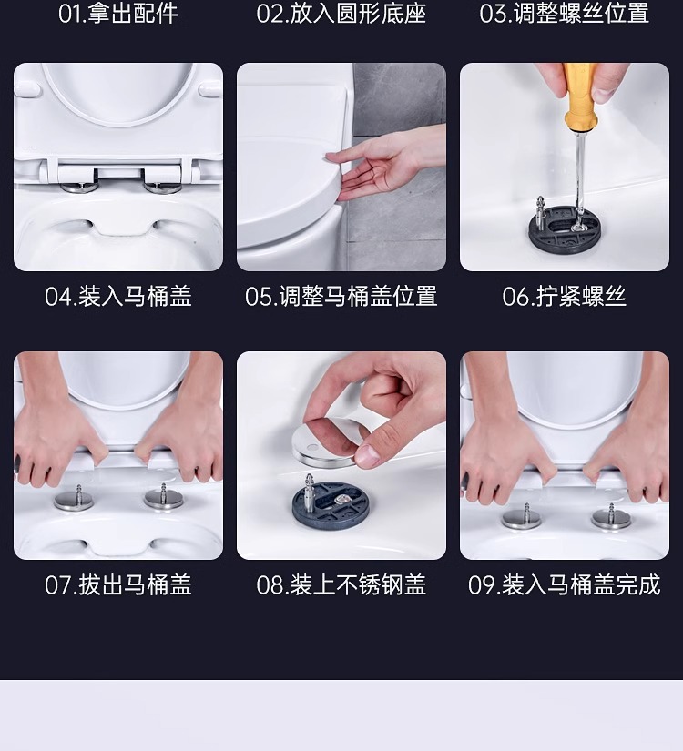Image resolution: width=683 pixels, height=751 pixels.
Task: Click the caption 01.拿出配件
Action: (117, 14)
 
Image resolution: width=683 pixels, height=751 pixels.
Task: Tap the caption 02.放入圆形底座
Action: (341, 14)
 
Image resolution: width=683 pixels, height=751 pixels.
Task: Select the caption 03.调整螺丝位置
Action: (564, 14)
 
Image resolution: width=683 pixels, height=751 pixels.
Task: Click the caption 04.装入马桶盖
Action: (117, 296)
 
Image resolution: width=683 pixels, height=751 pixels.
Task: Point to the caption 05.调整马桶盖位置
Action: (341, 296)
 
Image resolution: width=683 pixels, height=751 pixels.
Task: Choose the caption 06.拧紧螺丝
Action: (564, 296)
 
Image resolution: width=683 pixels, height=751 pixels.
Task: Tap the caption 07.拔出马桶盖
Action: (117, 584)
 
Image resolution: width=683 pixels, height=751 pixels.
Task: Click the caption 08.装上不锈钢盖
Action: (341, 584)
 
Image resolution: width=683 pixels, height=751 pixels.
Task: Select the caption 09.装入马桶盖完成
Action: (564, 584)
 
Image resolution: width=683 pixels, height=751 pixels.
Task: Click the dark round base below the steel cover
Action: (331, 502)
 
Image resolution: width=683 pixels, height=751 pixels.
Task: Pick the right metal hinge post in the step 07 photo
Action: (163, 497)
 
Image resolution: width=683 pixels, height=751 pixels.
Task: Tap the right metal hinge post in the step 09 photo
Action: (612, 516)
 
